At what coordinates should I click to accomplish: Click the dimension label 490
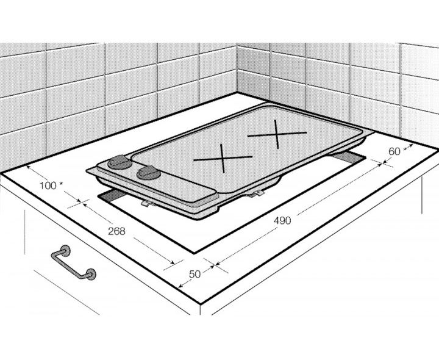282,221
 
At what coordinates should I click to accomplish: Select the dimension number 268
116,231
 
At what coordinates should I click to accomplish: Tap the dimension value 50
195,274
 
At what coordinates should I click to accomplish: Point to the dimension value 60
394,151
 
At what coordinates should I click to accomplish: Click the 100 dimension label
48,185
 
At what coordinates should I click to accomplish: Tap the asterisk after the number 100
61,184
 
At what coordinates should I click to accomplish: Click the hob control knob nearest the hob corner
119,162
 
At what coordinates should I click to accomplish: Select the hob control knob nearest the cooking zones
149,173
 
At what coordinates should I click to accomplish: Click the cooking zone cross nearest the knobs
223,158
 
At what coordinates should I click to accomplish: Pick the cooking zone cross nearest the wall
277,134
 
